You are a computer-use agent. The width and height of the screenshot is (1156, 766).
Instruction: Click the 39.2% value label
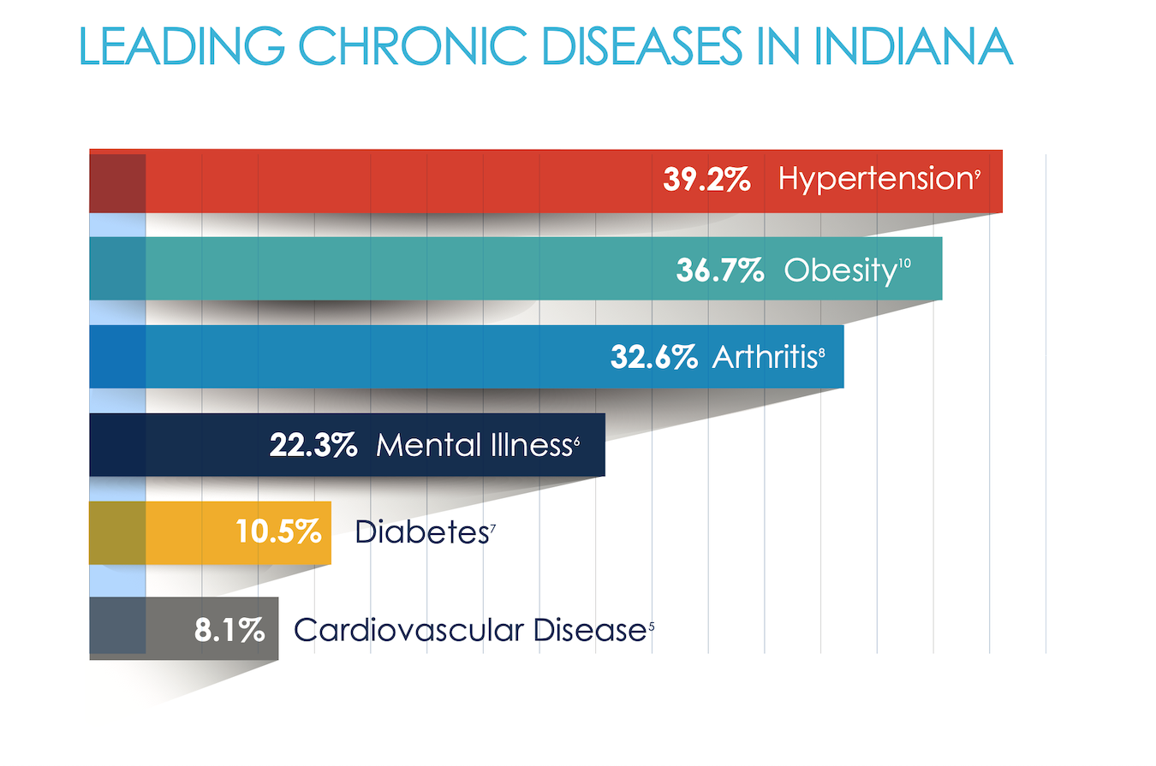[x=707, y=180]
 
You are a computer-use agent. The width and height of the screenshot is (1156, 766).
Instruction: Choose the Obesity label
[x=838, y=270]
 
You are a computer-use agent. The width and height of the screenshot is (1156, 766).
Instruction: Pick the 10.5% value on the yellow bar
[x=278, y=532]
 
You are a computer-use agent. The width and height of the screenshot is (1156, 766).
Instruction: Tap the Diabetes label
[x=420, y=532]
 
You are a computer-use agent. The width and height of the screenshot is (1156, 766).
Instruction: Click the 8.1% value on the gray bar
[x=229, y=631]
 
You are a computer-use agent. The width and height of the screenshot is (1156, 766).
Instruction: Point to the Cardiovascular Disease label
[x=468, y=631]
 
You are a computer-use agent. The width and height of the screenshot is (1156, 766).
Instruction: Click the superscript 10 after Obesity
[x=904, y=264]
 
